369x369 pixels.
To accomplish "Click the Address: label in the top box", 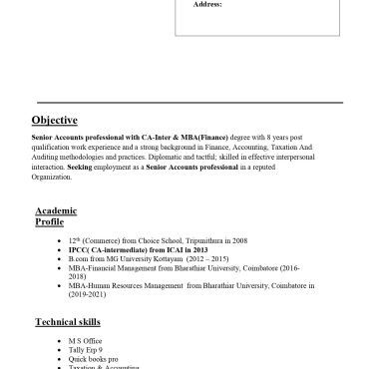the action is click(206, 5).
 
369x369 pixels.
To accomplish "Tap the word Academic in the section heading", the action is click(56, 210).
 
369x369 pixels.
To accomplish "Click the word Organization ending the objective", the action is click(52, 177).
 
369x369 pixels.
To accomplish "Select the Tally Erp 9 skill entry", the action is click(86, 349).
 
